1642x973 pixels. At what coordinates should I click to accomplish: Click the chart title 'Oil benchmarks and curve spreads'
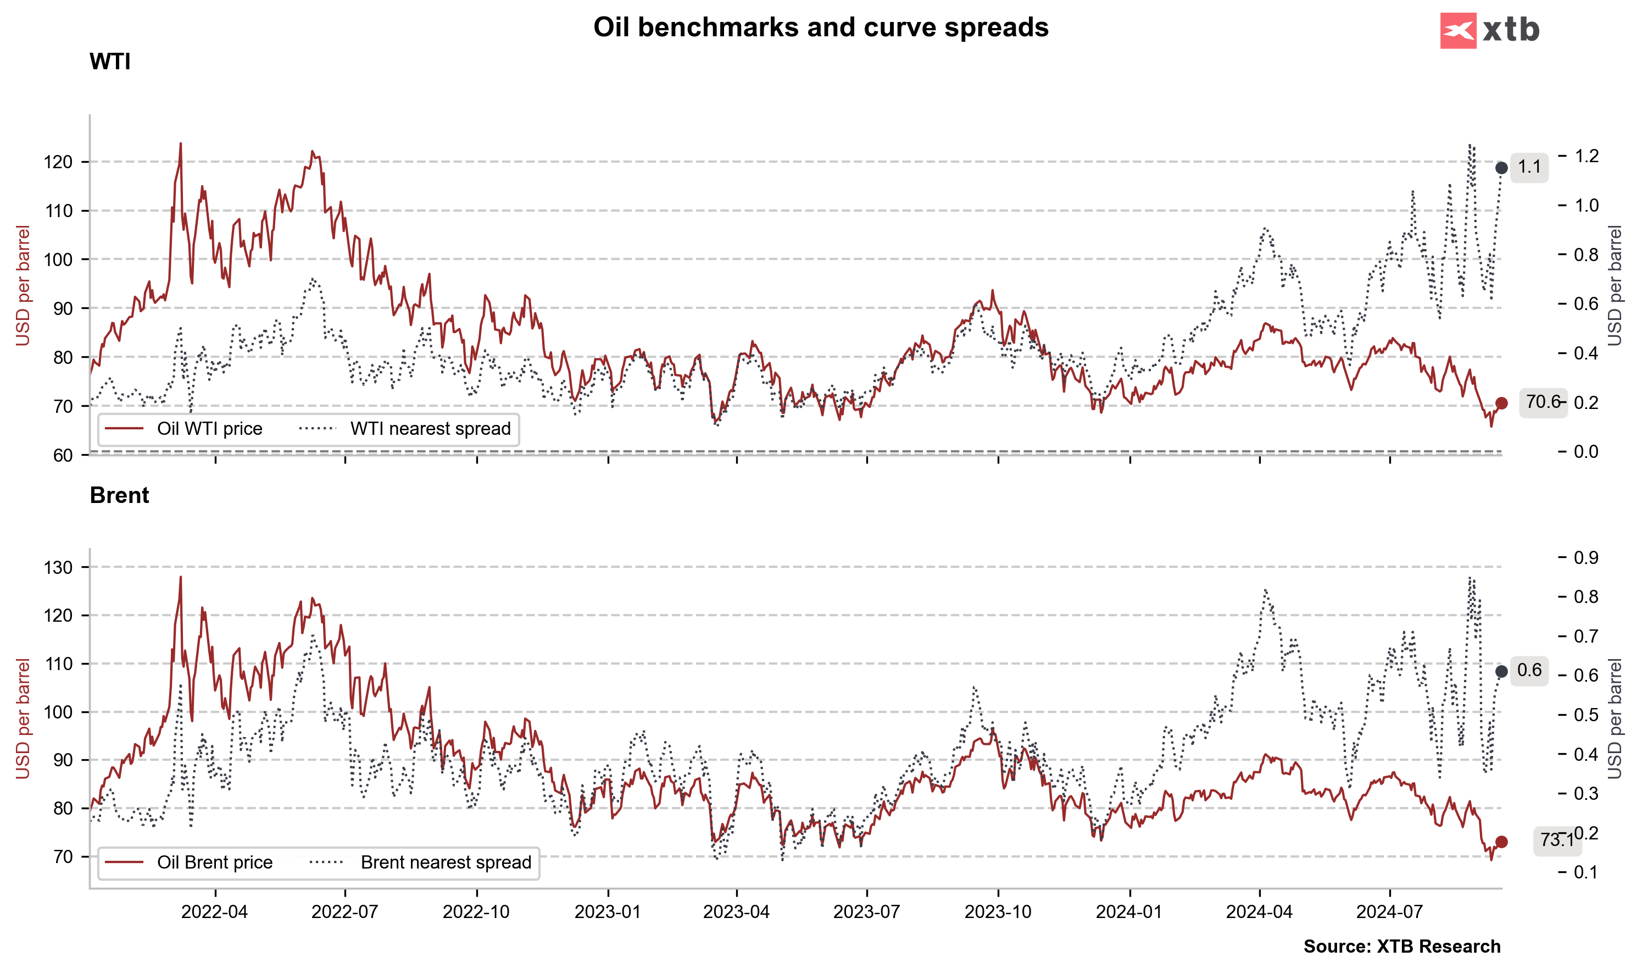click(820, 27)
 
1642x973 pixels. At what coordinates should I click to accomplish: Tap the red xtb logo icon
click(1457, 30)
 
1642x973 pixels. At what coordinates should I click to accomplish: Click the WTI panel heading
click(109, 62)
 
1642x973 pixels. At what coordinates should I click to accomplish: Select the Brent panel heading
click(119, 495)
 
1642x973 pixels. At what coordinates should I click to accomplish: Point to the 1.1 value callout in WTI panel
click(1529, 167)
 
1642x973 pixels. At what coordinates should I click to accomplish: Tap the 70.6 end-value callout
click(1543, 402)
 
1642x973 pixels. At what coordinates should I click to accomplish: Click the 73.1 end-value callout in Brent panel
click(1556, 840)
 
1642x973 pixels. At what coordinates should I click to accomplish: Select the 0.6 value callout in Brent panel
click(1529, 670)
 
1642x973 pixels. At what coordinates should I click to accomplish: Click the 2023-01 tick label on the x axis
click(608, 912)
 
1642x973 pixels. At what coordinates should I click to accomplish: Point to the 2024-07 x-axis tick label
click(1389, 912)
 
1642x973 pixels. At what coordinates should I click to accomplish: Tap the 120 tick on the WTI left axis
click(58, 162)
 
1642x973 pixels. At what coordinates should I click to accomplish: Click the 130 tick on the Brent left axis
click(58, 567)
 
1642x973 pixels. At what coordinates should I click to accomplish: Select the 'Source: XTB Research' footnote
click(1401, 946)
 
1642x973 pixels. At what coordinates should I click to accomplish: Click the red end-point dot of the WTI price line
click(1501, 403)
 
